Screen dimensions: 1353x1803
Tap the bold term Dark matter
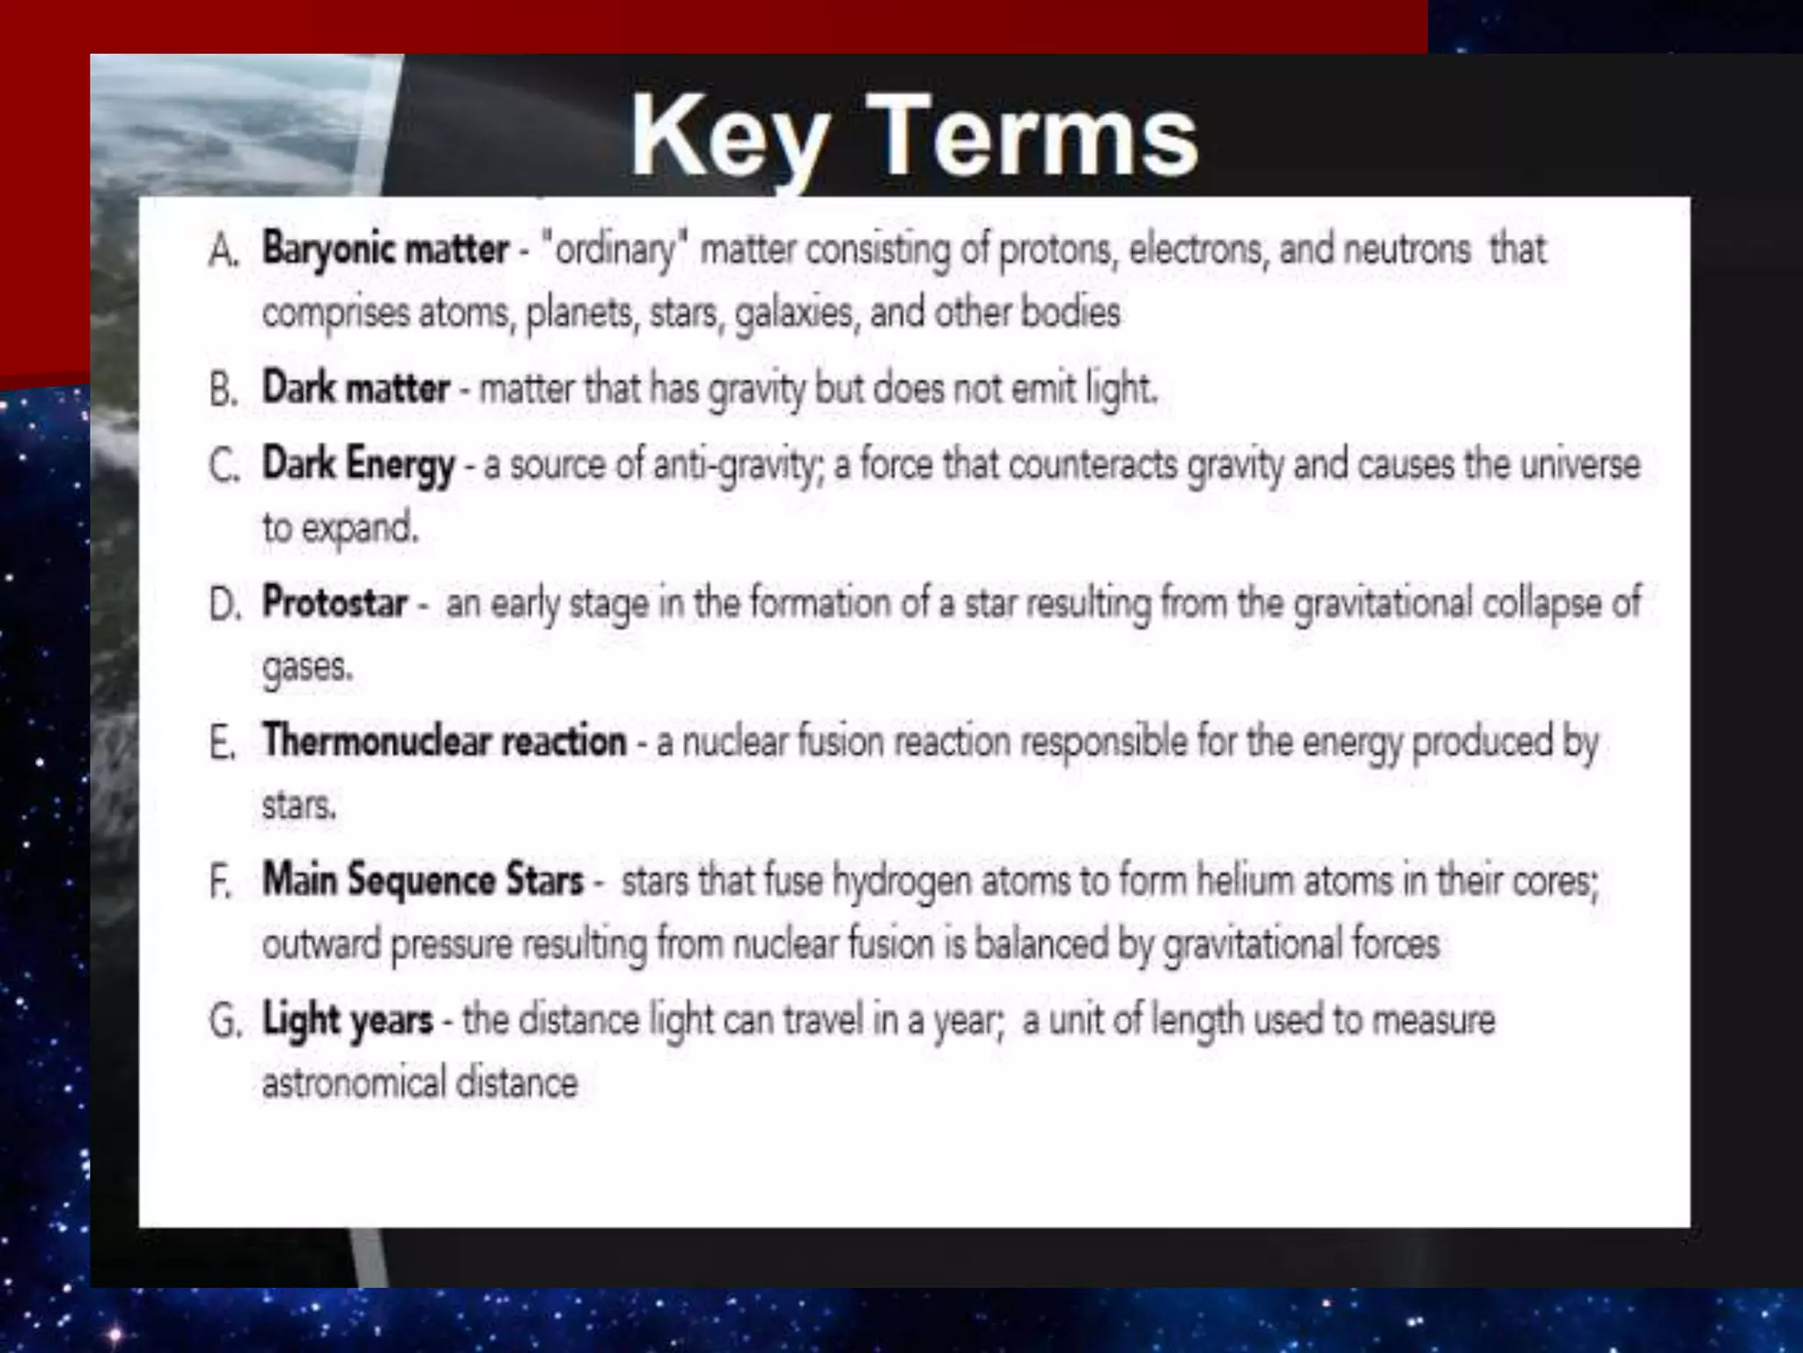click(x=356, y=388)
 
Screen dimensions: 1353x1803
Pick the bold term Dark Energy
click(x=358, y=464)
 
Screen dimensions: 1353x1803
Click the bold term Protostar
click(x=335, y=603)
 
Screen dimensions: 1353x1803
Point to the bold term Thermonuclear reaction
click(x=444, y=741)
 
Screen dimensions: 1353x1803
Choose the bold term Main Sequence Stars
click(x=423, y=880)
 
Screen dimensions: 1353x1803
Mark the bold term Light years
click(x=348, y=1020)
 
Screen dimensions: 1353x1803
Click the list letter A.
click(x=224, y=251)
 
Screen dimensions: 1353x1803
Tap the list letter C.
click(x=224, y=466)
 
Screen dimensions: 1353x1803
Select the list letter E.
click(x=222, y=743)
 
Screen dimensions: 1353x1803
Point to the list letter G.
click(x=224, y=1022)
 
